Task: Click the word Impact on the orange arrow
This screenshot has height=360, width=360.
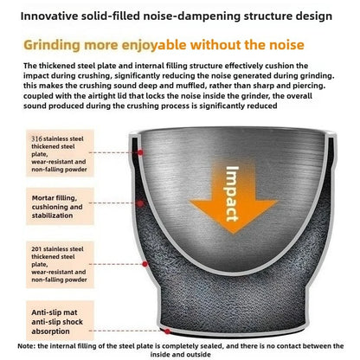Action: (233, 194)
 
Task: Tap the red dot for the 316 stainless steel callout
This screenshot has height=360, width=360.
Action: (140, 152)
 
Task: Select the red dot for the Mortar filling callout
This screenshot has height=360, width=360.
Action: (140, 203)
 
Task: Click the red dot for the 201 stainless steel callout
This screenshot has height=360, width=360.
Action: (145, 264)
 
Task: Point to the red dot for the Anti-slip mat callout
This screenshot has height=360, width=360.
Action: (167, 331)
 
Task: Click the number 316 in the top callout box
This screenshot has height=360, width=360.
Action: (36, 138)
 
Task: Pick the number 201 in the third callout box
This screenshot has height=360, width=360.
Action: (36, 249)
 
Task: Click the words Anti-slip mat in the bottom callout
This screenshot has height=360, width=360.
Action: (55, 312)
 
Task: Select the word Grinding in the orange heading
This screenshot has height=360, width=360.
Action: (52, 46)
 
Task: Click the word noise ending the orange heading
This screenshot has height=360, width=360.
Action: (286, 45)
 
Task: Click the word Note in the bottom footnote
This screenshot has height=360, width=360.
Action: (26, 345)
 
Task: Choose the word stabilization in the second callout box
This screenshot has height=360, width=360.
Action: (52, 215)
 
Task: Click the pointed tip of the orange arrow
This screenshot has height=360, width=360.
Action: (234, 233)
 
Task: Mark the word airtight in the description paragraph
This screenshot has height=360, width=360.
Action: (88, 96)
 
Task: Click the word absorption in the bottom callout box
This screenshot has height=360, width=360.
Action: (50, 331)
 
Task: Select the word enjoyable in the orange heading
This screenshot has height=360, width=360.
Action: (154, 46)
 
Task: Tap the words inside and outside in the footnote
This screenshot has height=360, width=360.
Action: (180, 354)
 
